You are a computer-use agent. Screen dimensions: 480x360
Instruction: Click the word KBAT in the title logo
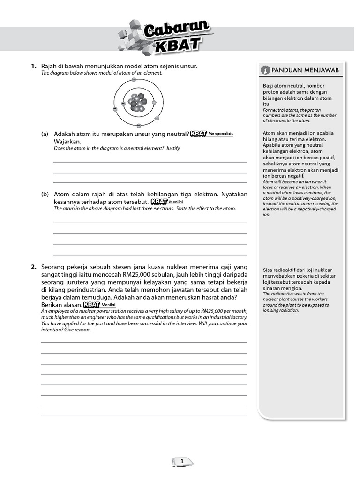pos(177,47)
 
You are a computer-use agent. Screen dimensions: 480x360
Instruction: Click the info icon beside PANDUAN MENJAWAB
pos(266,70)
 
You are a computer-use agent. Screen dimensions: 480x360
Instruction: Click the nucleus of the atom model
pos(138,102)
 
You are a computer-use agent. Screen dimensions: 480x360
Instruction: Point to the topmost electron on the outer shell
pos(134,80)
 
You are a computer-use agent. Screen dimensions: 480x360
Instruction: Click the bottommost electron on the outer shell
pos(138,125)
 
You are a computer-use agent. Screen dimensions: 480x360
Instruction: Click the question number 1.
pos(34,67)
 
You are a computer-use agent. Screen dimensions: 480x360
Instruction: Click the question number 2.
pos(34,267)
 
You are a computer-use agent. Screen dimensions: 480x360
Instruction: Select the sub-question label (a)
pos(45,134)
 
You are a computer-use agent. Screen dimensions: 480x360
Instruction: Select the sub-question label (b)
pos(45,194)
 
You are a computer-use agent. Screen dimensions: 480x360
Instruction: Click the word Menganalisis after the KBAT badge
pos(220,134)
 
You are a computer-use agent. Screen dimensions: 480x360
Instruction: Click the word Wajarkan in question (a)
pos(67,142)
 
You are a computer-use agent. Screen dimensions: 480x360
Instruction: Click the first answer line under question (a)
pos(150,162)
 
